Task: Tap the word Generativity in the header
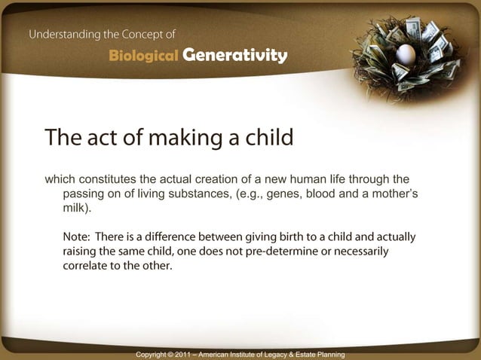click(234, 56)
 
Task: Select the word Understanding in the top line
click(66, 34)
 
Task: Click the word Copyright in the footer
click(154, 354)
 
